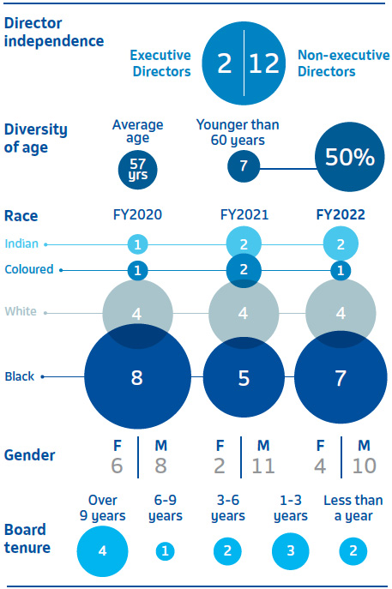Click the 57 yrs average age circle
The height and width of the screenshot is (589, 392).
click(137, 170)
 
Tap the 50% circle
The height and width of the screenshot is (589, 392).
click(350, 157)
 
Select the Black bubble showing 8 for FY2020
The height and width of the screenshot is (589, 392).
click(137, 376)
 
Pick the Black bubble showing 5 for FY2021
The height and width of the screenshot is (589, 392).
click(244, 377)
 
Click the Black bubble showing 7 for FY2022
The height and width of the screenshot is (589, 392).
click(341, 377)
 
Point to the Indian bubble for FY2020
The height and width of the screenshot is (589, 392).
click(137, 244)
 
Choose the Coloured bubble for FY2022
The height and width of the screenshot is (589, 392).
click(341, 270)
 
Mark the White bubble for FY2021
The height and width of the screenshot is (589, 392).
click(244, 313)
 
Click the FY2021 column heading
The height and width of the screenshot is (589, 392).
click(244, 215)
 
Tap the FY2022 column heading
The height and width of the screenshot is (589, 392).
click(341, 215)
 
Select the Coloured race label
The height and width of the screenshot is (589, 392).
click(29, 269)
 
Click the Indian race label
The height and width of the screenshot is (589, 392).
click(21, 243)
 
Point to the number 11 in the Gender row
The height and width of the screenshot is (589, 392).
click(263, 466)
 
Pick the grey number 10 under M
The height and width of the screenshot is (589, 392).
click(364, 466)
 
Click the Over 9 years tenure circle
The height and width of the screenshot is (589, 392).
click(103, 551)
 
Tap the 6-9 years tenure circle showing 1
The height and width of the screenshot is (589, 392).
click(165, 551)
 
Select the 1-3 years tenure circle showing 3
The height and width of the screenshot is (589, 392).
click(291, 551)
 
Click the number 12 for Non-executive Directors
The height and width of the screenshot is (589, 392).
click(264, 63)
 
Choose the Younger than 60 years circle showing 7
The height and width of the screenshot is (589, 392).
click(244, 166)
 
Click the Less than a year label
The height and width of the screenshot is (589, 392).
click(353, 508)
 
